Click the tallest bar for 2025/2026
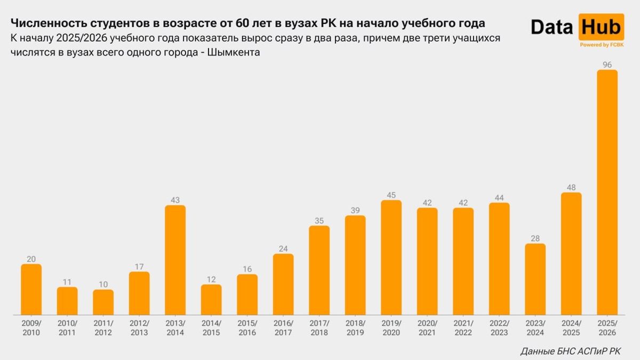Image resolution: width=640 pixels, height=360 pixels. click(607, 192)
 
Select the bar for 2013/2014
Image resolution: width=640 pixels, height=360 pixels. click(175, 260)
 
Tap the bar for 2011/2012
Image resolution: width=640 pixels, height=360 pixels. click(103, 302)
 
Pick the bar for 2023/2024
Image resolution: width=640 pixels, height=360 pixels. click(535, 279)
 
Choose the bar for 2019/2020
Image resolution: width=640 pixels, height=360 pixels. click(391, 257)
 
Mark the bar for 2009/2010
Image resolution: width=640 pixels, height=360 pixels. click(31, 289)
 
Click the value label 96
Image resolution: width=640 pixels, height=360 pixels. click(607, 65)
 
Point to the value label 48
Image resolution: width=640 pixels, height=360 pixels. click(571, 187)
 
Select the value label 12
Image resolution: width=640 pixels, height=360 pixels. click(211, 279)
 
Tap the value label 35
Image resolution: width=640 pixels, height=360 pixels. click(319, 220)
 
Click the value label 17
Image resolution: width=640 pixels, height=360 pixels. click(139, 267)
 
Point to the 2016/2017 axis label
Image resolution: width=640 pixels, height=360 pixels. click(283, 328)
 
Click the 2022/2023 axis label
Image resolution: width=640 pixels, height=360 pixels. click(499, 328)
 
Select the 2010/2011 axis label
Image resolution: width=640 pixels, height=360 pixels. click(67, 328)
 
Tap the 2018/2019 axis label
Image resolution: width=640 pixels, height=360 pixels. click(355, 328)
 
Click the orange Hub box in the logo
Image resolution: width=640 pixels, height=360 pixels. click(601, 27)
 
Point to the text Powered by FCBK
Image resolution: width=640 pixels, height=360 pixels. click(601, 45)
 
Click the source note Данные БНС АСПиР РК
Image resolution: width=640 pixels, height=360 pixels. click(571, 351)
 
